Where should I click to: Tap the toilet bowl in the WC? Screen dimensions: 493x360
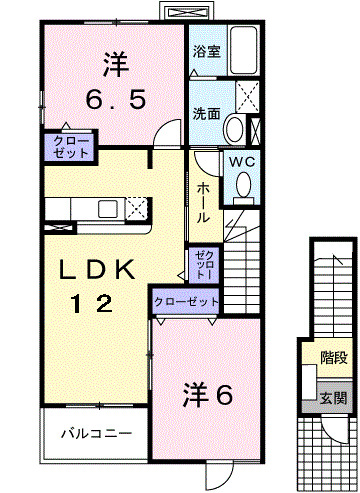click(x=242, y=185)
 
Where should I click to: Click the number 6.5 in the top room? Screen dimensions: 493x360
click(x=112, y=100)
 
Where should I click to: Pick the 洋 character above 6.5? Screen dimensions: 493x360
click(x=113, y=65)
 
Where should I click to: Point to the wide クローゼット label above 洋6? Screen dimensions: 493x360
click(x=185, y=301)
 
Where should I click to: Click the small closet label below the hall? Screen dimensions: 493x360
click(x=203, y=265)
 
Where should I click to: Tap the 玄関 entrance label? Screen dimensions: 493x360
click(x=333, y=397)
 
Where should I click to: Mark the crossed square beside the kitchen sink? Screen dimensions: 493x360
click(x=138, y=207)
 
